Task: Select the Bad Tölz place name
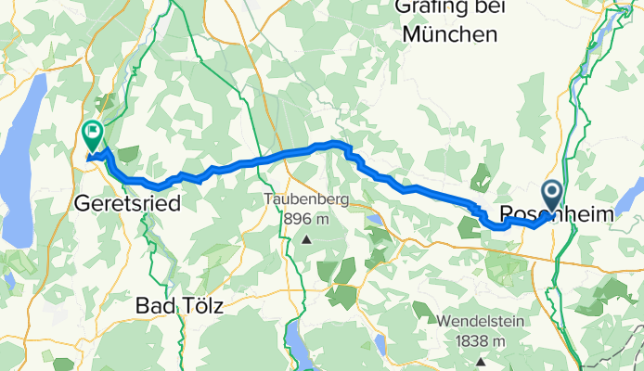[179, 305]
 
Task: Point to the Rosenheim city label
[557, 214]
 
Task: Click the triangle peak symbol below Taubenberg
[305, 239]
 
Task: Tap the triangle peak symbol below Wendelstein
[480, 361]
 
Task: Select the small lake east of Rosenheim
[628, 201]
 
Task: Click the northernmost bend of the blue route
[334, 144]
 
